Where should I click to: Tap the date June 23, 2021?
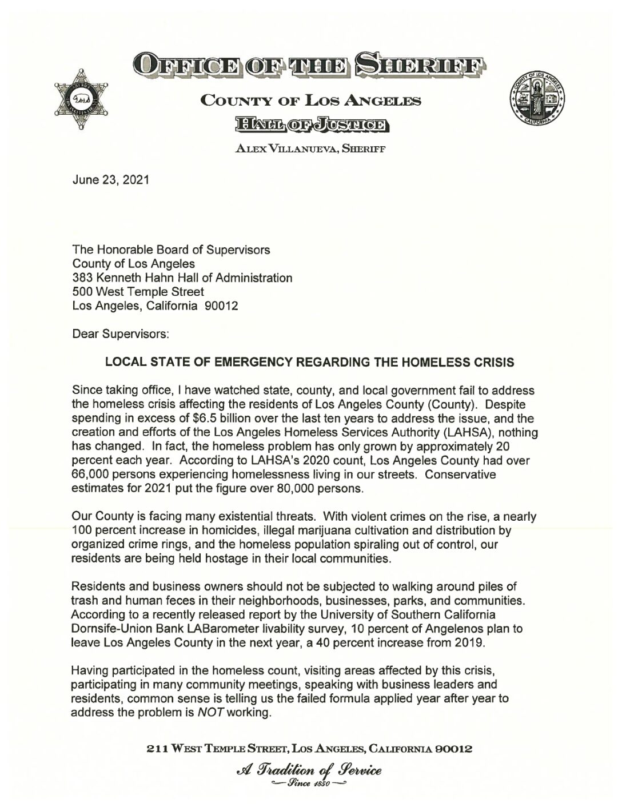point(110,180)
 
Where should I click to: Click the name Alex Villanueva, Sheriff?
point(310,149)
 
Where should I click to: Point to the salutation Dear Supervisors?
point(120,333)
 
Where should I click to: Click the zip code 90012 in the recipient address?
point(221,305)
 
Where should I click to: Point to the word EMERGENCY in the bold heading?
point(244,363)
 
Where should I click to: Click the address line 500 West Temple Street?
point(138,292)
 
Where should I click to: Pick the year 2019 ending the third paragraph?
point(470,643)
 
